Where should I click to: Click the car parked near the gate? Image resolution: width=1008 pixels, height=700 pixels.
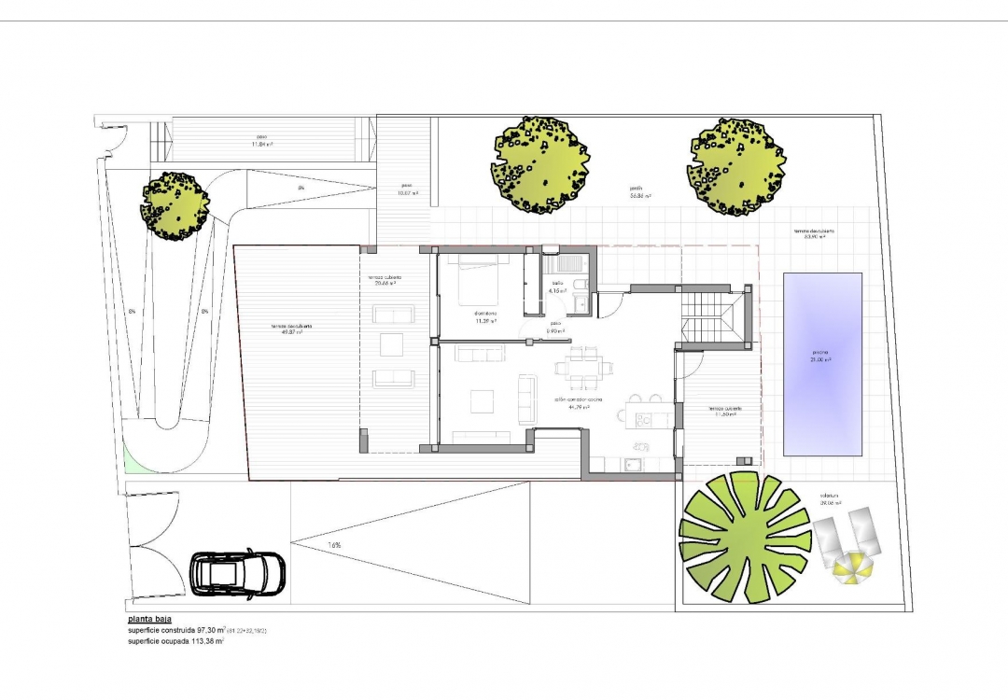pos(237,572)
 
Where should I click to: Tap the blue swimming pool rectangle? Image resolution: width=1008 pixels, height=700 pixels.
pos(821,363)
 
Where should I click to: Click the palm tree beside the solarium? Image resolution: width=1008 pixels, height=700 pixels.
pos(745,537)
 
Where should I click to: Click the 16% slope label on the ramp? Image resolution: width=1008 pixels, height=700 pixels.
pos(334,545)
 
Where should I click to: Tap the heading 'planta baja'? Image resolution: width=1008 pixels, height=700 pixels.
pos(151,619)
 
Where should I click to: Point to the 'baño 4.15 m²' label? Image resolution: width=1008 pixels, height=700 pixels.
pos(558,287)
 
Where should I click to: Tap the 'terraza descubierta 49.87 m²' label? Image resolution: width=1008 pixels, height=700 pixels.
pos(286,329)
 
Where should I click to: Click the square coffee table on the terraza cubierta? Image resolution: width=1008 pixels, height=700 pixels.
pos(393,345)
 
